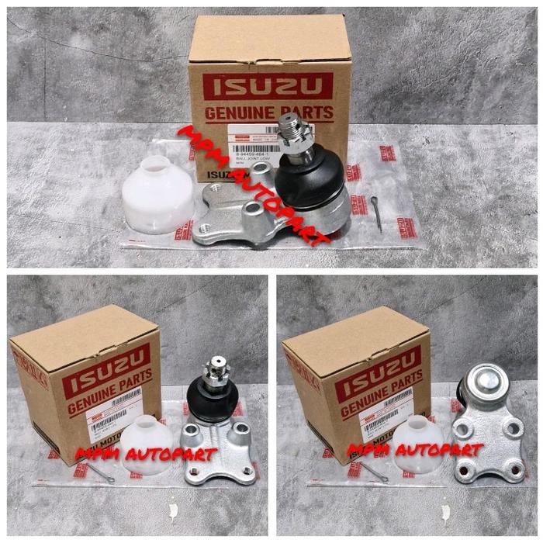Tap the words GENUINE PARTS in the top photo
point(268,112)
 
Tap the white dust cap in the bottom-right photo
point(417,446)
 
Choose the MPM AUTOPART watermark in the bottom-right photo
point(415,450)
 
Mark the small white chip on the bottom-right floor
point(444,512)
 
